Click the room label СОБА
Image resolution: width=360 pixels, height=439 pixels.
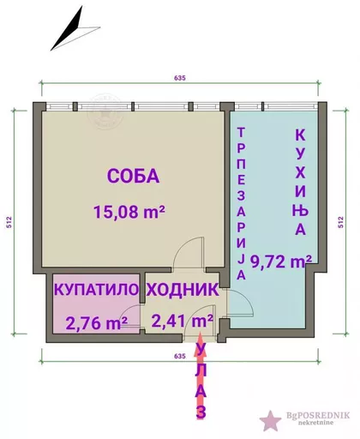133,176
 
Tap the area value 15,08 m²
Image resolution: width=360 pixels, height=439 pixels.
129,212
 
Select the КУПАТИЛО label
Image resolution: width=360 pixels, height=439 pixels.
96,290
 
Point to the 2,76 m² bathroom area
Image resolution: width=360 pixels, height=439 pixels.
97,323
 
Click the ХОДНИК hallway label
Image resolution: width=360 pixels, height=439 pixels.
183,290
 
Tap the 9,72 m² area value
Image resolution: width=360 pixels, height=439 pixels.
281,261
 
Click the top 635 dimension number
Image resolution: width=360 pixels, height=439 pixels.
180,78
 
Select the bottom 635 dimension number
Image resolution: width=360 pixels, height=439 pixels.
180,356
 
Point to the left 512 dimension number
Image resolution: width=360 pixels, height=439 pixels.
9,222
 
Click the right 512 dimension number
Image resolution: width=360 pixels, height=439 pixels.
341,222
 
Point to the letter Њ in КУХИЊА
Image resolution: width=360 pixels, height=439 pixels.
300,210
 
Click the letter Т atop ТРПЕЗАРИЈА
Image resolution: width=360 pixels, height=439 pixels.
242,133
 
